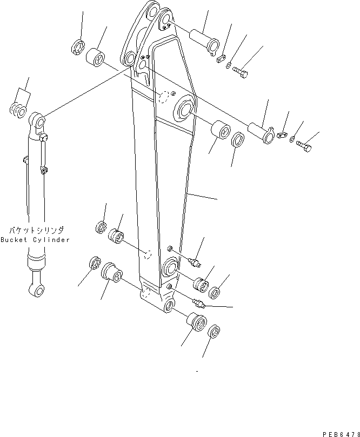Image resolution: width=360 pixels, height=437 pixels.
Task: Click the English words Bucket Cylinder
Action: pyautogui.click(x=35, y=240)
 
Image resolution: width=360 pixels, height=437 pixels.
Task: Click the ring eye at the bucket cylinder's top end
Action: pyautogui.click(x=37, y=119)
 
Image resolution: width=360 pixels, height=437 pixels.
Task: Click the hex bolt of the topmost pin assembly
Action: pyautogui.click(x=242, y=72)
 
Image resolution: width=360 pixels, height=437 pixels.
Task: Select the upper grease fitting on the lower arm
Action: pyautogui.click(x=194, y=263)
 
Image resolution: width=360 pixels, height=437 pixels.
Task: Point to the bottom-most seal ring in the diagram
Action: pyautogui.click(x=214, y=331)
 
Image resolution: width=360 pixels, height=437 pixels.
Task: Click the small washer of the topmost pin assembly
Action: pyautogui.click(x=229, y=66)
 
